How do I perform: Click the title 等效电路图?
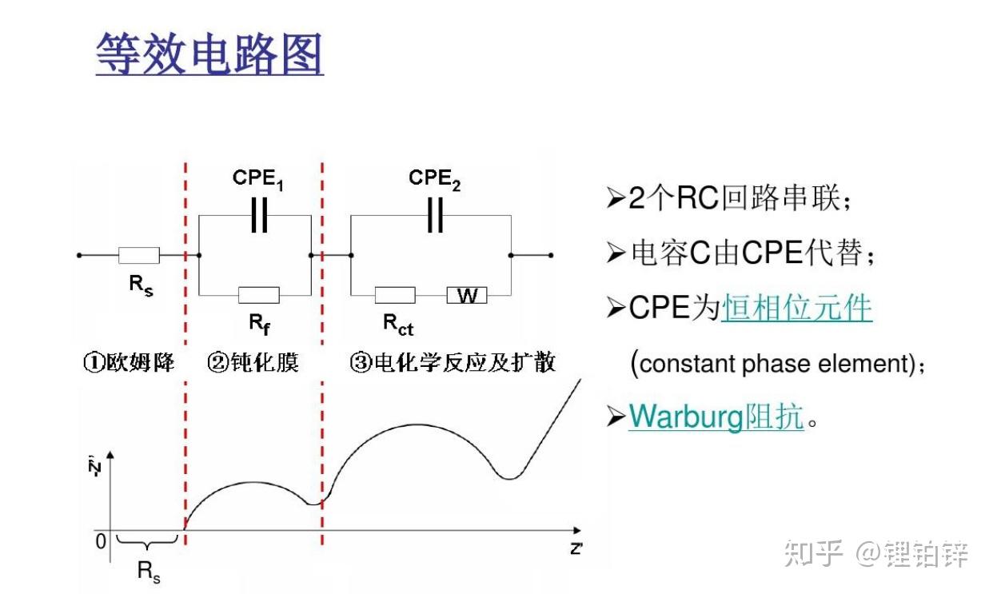pos(209,54)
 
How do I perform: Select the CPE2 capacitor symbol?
pos(435,215)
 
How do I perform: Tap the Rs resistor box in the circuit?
pos(139,256)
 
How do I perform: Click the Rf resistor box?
pos(258,295)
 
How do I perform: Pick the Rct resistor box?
pos(395,295)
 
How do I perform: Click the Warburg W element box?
pos(467,295)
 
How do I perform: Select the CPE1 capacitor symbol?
pos(258,215)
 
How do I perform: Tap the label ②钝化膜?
pos(253,363)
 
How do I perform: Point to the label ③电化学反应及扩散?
pos(453,363)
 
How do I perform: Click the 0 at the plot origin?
pos(101,541)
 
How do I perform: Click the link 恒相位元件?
pos(796,307)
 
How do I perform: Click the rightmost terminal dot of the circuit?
pos(551,256)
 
